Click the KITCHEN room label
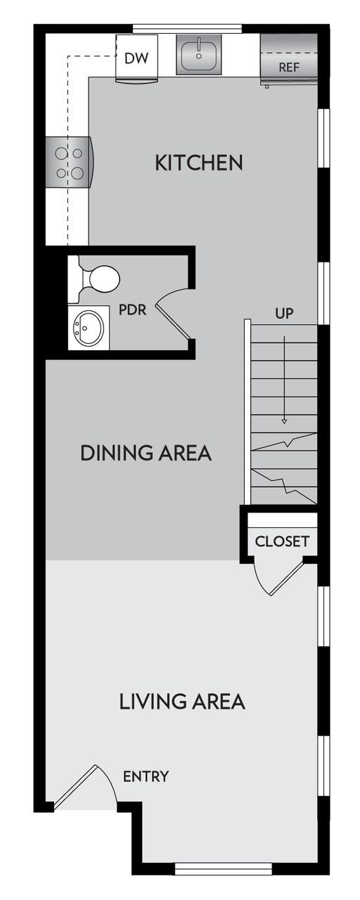tap(199, 163)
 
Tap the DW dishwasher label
tap(136, 58)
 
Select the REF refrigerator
tap(289, 60)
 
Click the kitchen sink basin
tap(198, 55)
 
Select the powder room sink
tap(89, 326)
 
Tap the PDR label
tap(132, 309)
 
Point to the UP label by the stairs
tap(284, 313)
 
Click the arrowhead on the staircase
tap(284, 421)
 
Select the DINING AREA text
tap(146, 453)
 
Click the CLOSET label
tap(281, 541)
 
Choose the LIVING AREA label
tap(181, 701)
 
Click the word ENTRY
tap(146, 776)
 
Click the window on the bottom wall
tap(223, 870)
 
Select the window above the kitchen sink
tap(187, 29)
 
